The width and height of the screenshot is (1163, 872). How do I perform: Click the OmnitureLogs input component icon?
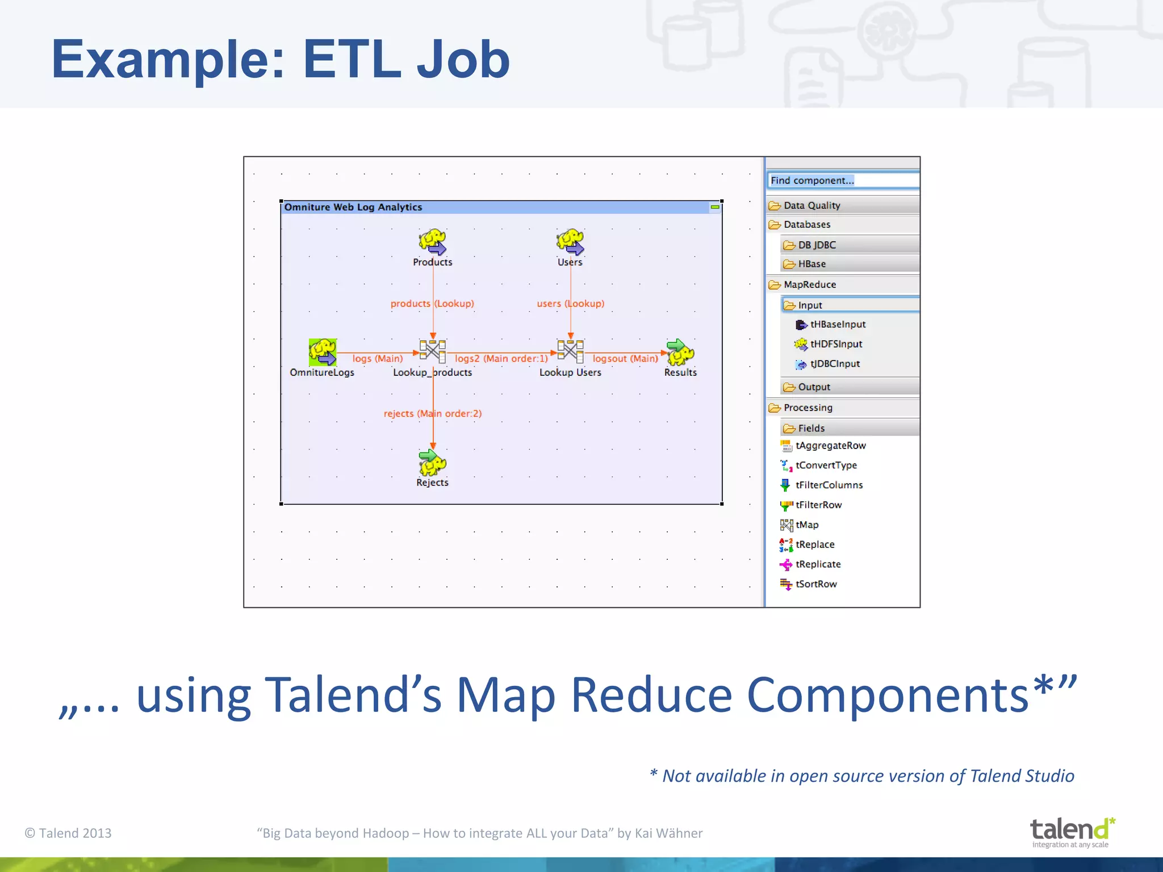(323, 353)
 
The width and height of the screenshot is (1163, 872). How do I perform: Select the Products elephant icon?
(433, 242)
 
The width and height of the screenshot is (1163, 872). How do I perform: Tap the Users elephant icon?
(570, 242)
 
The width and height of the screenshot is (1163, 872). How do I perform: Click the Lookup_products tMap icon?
(433, 351)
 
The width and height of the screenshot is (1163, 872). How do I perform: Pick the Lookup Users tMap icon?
(570, 351)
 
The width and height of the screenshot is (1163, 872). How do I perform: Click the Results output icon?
(680, 353)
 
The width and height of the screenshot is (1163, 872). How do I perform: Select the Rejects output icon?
(433, 463)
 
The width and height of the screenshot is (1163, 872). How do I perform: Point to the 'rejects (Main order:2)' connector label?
(433, 413)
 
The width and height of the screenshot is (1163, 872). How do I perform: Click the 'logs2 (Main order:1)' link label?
(501, 358)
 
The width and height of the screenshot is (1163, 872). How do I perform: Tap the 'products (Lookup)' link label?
(432, 303)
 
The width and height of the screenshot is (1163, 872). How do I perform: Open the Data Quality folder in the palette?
(811, 206)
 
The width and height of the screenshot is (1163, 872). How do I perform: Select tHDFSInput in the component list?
(835, 344)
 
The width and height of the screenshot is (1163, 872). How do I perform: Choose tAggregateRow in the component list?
(830, 446)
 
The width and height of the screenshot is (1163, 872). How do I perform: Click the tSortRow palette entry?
(815, 584)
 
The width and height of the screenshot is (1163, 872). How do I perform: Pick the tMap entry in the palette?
(806, 525)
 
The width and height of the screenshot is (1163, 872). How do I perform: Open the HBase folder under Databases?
(811, 264)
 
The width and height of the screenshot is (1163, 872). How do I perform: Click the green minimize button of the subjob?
(715, 207)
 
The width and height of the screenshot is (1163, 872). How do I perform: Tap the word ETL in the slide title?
(352, 60)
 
